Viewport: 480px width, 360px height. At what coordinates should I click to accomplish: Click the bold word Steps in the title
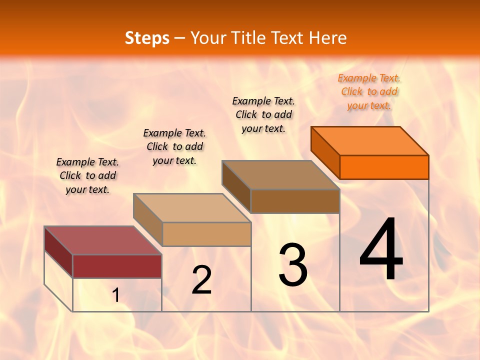coord(147,38)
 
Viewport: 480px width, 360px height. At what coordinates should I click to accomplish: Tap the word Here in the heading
coord(328,38)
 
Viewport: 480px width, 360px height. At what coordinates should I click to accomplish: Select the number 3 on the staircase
coord(293,264)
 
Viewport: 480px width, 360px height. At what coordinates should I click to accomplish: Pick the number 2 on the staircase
coord(202,280)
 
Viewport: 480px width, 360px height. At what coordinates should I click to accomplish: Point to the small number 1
coord(115,295)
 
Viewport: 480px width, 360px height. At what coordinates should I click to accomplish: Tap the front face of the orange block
coord(384,167)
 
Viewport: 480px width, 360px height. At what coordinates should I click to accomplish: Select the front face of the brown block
coord(295,201)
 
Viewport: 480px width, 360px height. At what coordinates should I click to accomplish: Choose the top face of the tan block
coord(192,208)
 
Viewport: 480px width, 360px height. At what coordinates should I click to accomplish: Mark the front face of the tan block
coord(206,234)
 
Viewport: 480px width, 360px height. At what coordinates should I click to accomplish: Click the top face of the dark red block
coord(103,240)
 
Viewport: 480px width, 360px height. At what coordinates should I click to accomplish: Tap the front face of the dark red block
coord(117,266)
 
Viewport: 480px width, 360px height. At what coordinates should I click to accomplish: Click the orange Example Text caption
coord(369,91)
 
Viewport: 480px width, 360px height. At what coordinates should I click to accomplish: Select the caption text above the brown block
coord(263,114)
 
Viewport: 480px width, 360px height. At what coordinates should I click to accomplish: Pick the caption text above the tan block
coord(174,146)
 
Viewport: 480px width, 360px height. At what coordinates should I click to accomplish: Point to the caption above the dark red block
coord(87,175)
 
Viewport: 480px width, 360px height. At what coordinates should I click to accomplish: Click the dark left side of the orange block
coord(325,152)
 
